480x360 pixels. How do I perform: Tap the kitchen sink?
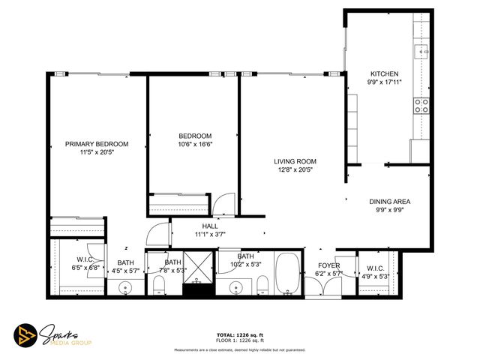(422, 50)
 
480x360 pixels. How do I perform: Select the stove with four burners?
(422, 105)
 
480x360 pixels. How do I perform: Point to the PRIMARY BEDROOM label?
(96, 144)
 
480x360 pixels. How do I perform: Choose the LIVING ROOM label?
(294, 161)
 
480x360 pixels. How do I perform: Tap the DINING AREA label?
(389, 202)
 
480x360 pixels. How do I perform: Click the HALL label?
(210, 226)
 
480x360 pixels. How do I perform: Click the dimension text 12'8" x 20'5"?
(294, 169)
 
